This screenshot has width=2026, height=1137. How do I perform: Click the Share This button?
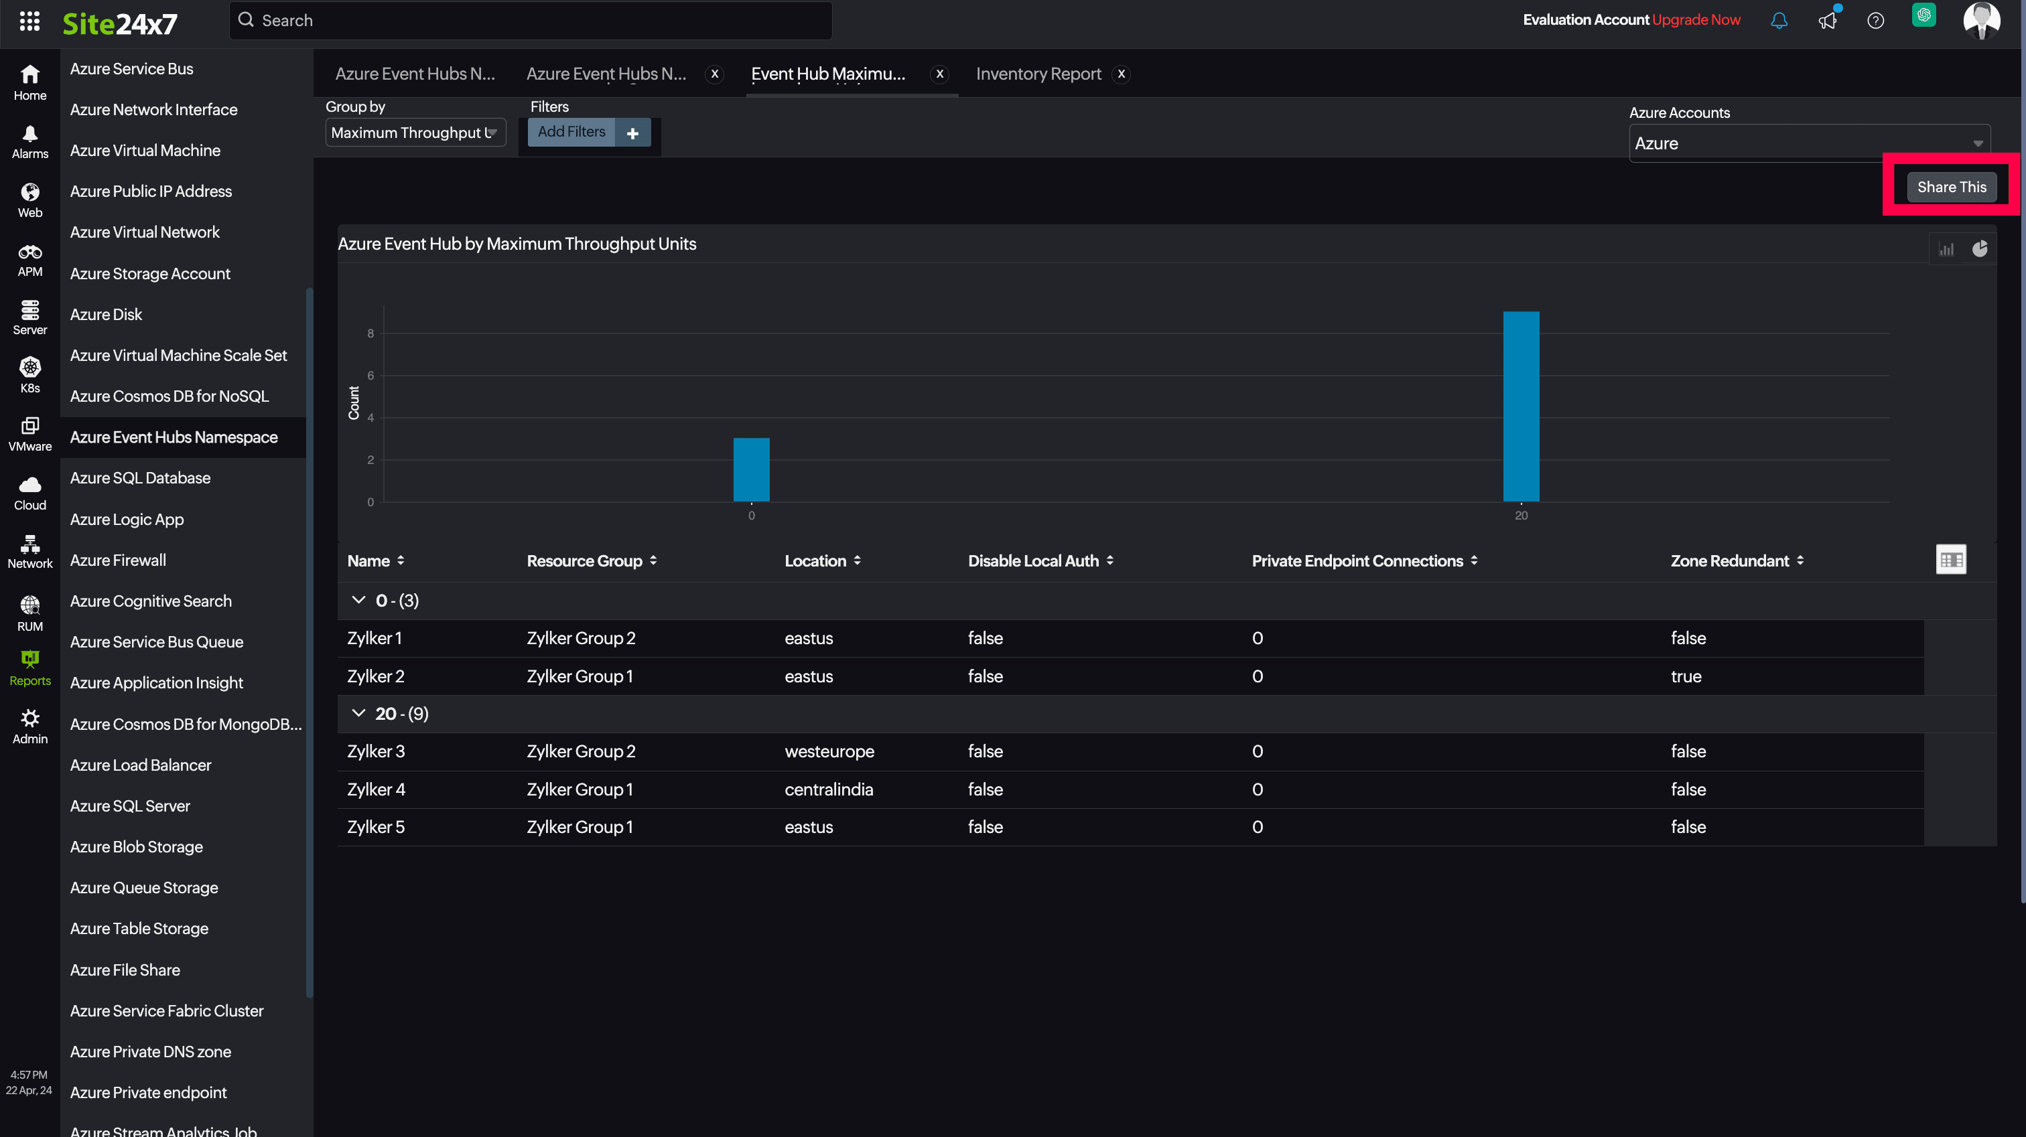click(x=1950, y=187)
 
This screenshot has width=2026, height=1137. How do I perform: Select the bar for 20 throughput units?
click(x=1520, y=406)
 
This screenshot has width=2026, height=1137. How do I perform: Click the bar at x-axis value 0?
click(x=751, y=469)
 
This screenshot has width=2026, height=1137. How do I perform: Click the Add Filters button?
click(x=571, y=132)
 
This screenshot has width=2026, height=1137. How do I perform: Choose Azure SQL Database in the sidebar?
click(x=140, y=478)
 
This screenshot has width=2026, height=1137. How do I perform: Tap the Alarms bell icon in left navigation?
click(x=30, y=135)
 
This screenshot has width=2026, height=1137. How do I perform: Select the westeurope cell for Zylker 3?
click(x=829, y=751)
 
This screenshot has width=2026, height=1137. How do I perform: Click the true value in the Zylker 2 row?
click(x=1686, y=676)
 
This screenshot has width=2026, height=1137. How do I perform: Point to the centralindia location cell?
click(x=828, y=789)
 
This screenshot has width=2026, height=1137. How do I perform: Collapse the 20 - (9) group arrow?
click(x=358, y=713)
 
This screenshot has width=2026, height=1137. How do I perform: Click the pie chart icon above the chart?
click(x=1980, y=249)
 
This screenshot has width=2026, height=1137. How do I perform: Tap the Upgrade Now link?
click(x=1696, y=19)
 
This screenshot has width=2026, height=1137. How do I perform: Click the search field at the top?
click(x=531, y=21)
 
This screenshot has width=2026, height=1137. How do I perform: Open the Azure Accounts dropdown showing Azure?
click(x=1808, y=143)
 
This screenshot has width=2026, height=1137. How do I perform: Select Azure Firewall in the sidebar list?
click(x=118, y=560)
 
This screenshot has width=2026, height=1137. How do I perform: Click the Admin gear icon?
click(x=30, y=718)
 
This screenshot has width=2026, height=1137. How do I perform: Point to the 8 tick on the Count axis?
click(x=370, y=333)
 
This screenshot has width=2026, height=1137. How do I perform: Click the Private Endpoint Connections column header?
click(x=1357, y=560)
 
